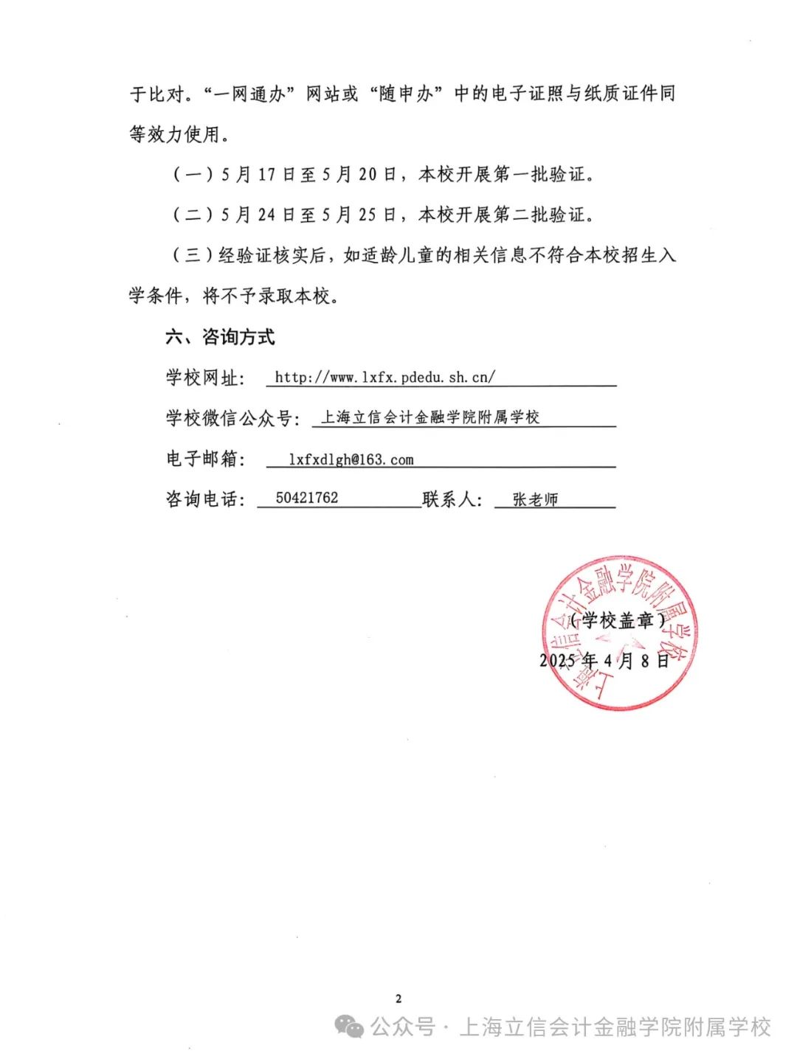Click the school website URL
point(384,377)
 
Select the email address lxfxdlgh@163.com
point(351,459)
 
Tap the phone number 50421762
point(307,498)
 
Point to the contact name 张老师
point(535,499)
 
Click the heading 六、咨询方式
point(220,337)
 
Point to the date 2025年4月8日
point(604,660)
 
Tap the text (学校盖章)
point(618,620)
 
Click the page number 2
point(398,999)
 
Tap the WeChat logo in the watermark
point(349,1026)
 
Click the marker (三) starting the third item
point(193,255)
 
